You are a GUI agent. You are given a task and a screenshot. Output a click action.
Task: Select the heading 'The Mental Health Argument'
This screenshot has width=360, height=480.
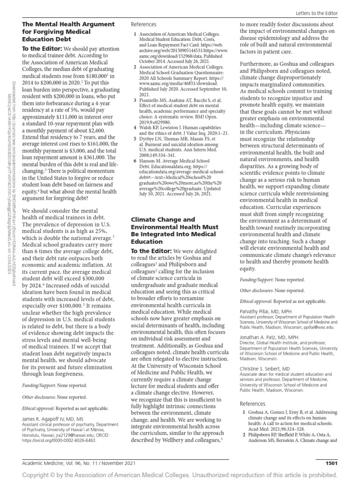pyautogui.click(x=68, y=24)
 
